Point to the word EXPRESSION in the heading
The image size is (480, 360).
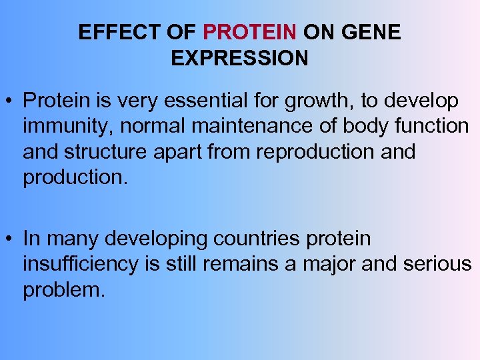pos(239,58)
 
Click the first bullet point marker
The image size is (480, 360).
pos(10,101)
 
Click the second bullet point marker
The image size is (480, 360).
pos(10,239)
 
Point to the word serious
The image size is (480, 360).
pos(438,264)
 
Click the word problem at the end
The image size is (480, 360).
pos(62,289)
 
